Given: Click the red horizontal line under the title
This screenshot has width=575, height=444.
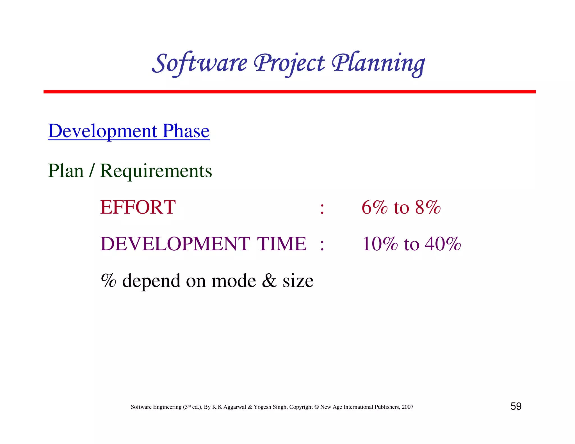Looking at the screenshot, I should [289, 92].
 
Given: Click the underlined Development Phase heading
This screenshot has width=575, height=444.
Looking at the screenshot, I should [129, 131].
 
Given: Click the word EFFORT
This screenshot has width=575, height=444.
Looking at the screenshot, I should [138, 207].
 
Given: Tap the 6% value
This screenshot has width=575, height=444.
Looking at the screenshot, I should [374, 207].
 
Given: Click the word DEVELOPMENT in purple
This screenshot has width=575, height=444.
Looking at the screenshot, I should [175, 244].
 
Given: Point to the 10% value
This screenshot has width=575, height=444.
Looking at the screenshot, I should [380, 244].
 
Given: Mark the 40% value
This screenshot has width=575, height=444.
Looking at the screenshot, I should [443, 244].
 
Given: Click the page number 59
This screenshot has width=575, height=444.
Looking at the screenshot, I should [516, 406].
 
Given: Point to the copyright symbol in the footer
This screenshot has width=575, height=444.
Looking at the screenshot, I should [316, 407].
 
